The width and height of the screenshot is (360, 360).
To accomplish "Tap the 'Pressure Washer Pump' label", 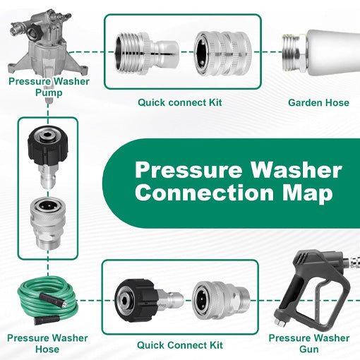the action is [x=49, y=87].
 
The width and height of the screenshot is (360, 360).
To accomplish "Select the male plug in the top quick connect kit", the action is [x=147, y=52].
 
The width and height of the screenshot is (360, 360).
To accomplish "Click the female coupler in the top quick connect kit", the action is [x=223, y=53].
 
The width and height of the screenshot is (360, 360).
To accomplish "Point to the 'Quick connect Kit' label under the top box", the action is [x=180, y=102].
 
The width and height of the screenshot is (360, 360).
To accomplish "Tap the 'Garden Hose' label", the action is [x=318, y=103].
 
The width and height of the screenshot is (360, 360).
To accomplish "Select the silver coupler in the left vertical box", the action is [x=48, y=223].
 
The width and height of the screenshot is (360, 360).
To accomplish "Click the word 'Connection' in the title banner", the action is [x=204, y=193].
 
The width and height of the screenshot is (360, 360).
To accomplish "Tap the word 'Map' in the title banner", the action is [x=308, y=194].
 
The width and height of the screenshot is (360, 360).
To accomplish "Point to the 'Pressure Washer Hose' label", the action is [x=47, y=343].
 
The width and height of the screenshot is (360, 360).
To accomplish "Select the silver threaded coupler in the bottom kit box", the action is [x=221, y=301].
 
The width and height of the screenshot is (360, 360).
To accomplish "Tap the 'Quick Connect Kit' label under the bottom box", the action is [x=180, y=345].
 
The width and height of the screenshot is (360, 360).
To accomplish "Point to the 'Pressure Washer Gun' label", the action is [x=309, y=343].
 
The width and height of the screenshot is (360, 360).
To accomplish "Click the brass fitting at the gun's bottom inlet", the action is [x=280, y=322].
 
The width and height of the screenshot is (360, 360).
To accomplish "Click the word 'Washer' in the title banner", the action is [x=296, y=170].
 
